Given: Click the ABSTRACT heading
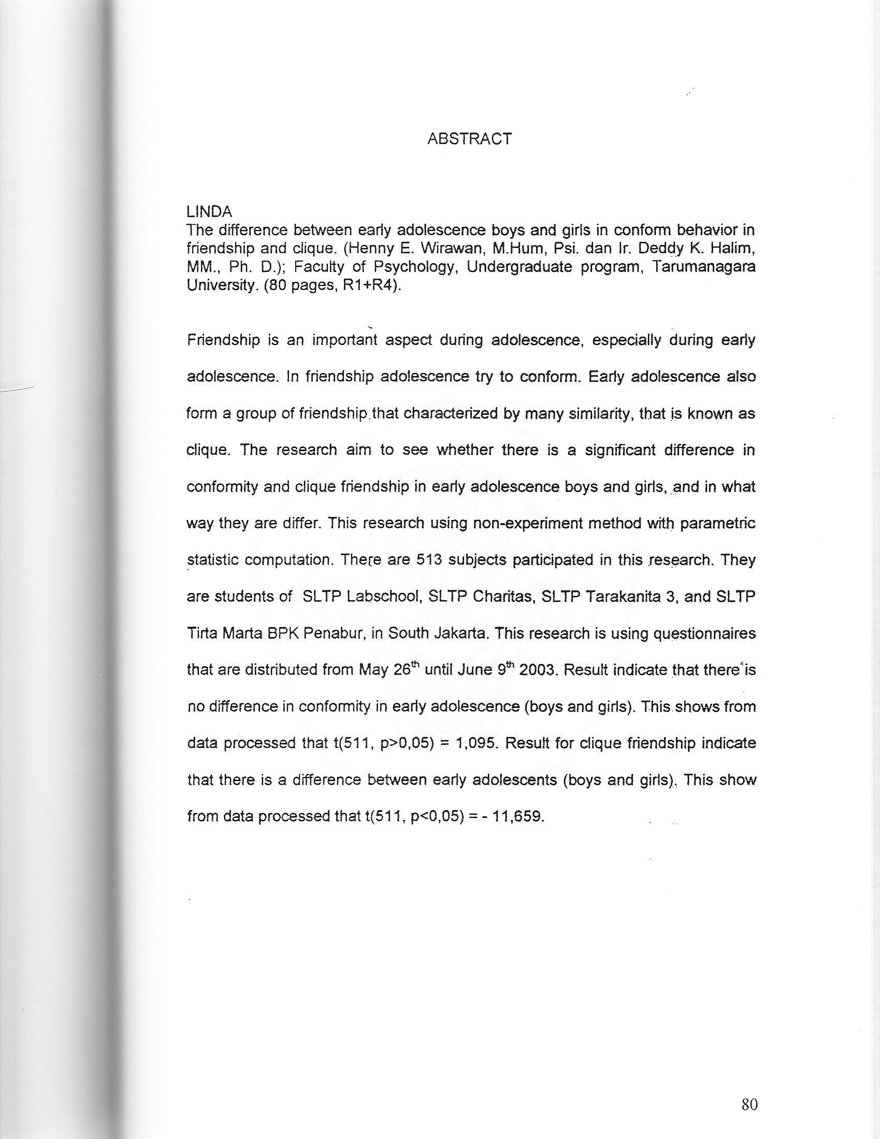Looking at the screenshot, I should coord(469,139).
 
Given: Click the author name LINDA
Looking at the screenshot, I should coord(209,212).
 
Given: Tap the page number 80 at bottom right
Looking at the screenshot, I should coord(749,1104).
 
